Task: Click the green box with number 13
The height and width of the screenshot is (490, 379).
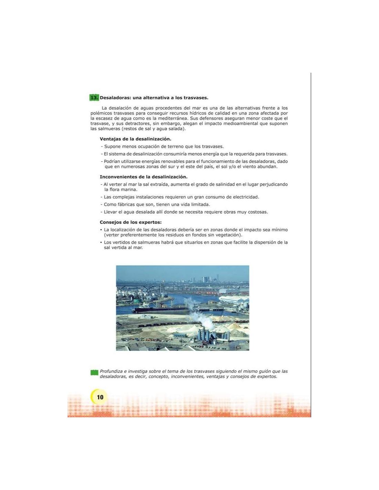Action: pyautogui.click(x=94, y=98)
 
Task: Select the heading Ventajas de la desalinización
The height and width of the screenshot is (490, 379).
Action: pyautogui.click(x=135, y=139)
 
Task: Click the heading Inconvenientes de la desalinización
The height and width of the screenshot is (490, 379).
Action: pyautogui.click(x=143, y=177)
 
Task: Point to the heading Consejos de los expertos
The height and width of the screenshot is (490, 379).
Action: pyautogui.click(x=131, y=222)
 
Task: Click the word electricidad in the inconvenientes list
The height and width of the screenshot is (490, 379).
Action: pyautogui.click(x=246, y=197)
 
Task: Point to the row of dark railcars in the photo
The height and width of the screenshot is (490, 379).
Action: pyautogui.click(x=152, y=326)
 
